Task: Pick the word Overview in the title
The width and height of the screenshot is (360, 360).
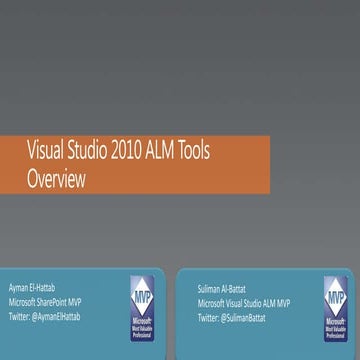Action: [58, 178]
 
